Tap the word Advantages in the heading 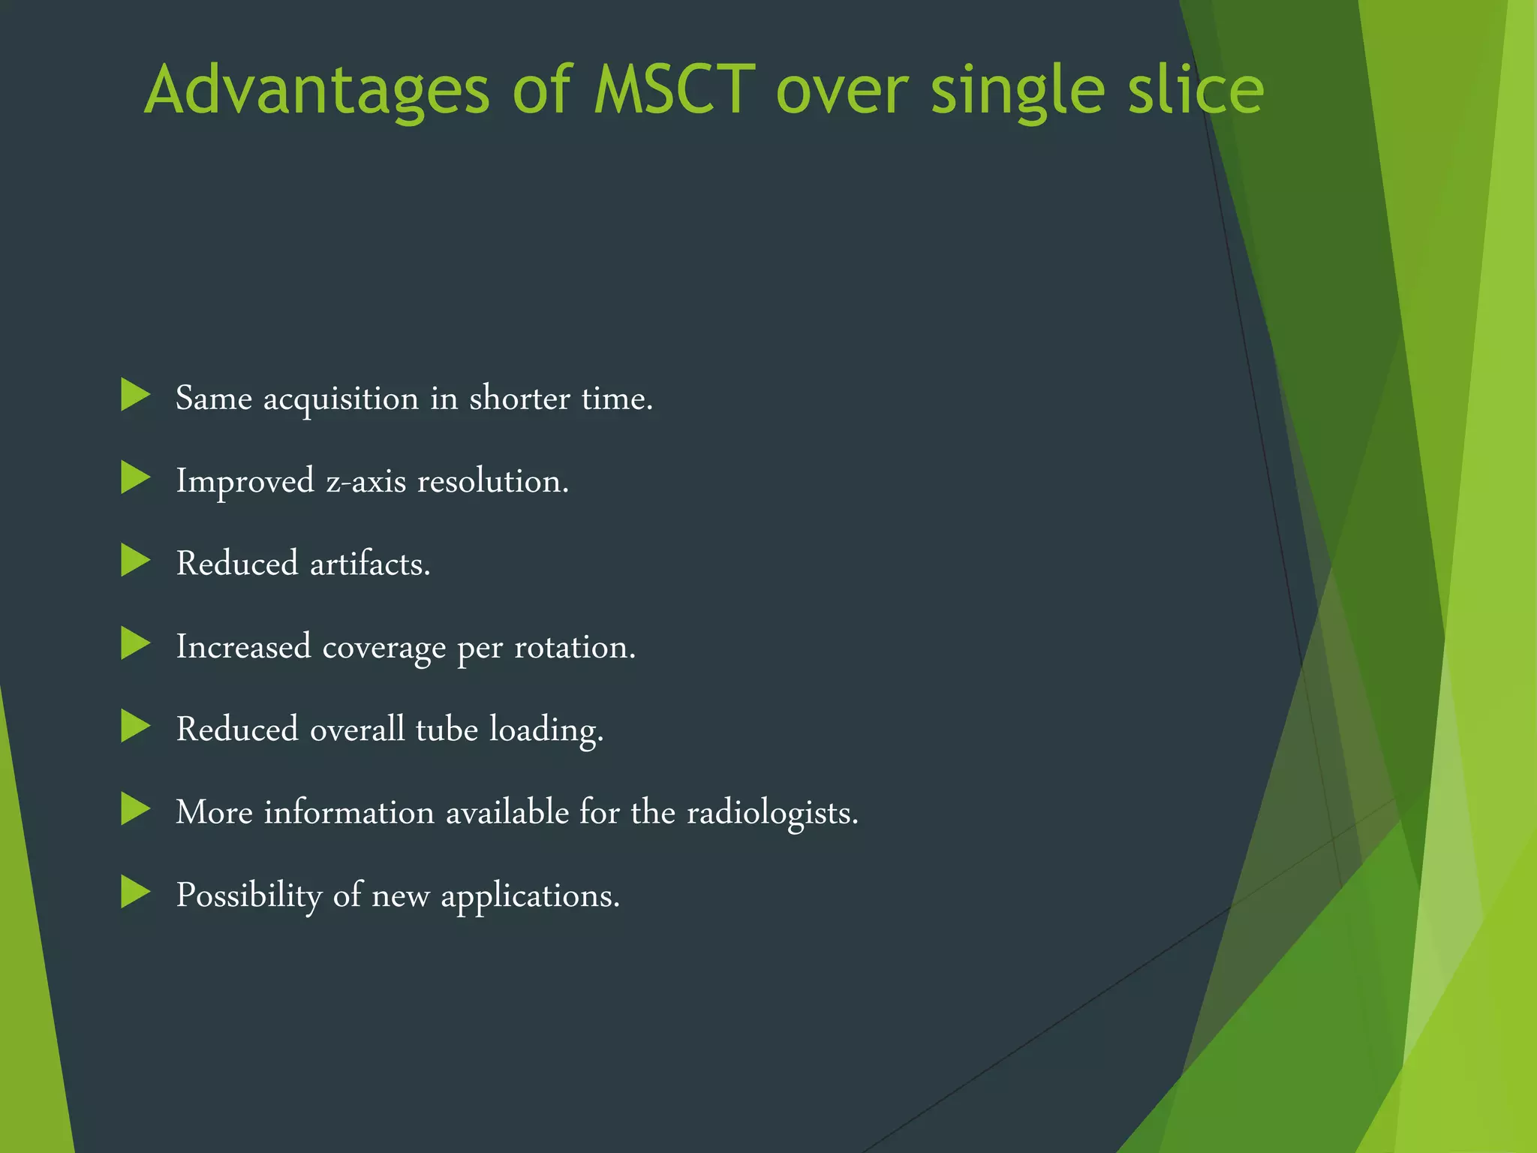tap(316, 92)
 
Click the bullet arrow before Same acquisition tap(136, 395)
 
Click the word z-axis tap(365, 481)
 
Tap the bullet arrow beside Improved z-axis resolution tap(136, 477)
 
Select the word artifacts tap(370, 564)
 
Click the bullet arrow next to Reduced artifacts tap(136, 561)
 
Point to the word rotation tap(574, 647)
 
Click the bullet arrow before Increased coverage tap(136, 643)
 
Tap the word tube tap(447, 729)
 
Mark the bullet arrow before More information tap(136, 809)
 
